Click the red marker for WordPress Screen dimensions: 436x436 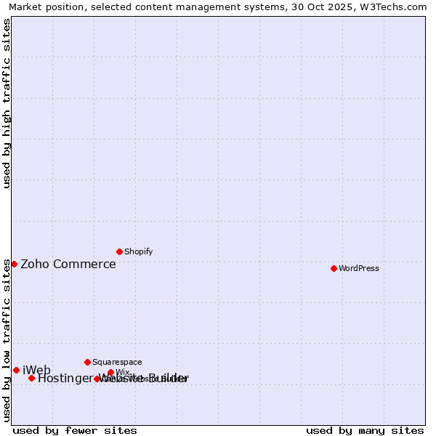tap(334, 268)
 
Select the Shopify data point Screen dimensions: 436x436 tap(119, 251)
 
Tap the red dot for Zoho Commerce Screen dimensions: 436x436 tap(14, 264)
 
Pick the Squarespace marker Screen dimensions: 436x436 tap(87, 362)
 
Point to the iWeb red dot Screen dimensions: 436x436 tap(16, 371)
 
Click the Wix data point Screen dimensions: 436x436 tap(110, 373)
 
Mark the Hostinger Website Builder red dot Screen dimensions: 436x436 tap(31, 378)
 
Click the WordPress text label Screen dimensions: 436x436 tap(358, 268)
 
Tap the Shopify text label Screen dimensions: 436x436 tap(138, 251)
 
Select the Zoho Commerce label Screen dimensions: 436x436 tap(68, 264)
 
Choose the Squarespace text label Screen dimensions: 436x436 tap(117, 362)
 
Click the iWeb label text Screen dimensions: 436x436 tap(36, 371)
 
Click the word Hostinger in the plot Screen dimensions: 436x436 tap(65, 378)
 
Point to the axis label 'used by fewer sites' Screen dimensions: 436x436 tap(75, 430)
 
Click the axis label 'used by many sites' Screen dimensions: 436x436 tap(365, 430)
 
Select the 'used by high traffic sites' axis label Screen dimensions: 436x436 tap(7, 103)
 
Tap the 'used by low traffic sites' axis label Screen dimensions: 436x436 tap(7, 340)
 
